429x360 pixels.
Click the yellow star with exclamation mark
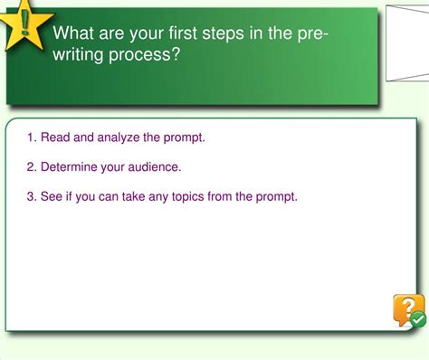tap(24, 25)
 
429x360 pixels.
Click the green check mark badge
tap(417, 319)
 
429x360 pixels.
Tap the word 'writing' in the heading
tap(81, 54)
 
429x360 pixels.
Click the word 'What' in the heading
tap(74, 33)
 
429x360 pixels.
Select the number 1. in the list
tap(32, 137)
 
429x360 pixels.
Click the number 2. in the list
tap(32, 166)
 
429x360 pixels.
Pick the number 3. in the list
tap(32, 195)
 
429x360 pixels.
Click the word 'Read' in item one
tap(55, 137)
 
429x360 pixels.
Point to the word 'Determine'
tap(70, 166)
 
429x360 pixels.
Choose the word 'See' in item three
tap(52, 195)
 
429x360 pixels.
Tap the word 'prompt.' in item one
tap(185, 137)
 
